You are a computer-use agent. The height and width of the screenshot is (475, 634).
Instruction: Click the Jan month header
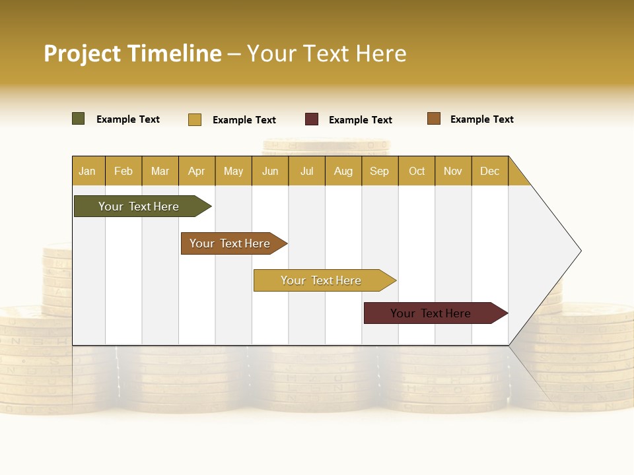point(88,171)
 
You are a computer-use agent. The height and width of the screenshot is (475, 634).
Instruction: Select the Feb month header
point(123,171)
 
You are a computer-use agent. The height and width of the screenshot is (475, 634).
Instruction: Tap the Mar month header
point(160,171)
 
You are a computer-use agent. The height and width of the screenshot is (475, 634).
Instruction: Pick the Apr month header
point(197,171)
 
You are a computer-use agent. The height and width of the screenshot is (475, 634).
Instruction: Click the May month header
point(233,171)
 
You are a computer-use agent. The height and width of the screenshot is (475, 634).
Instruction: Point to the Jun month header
point(270,171)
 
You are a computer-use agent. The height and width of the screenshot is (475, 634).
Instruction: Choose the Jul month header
point(306,171)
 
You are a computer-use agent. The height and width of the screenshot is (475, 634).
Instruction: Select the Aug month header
point(343,171)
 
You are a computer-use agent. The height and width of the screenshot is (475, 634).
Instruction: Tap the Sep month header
point(380,171)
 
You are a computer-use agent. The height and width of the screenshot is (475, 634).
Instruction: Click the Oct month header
point(417,171)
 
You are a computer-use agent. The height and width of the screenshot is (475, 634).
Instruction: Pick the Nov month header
point(453,171)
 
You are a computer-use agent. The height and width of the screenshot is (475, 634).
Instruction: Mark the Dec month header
point(490,171)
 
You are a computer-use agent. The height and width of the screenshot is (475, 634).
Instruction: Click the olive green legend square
point(79,119)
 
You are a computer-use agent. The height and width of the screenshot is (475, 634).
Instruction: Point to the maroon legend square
point(312,119)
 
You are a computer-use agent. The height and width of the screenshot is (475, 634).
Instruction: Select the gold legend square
point(195,119)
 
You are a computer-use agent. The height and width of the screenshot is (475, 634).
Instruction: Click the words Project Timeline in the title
point(133,53)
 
